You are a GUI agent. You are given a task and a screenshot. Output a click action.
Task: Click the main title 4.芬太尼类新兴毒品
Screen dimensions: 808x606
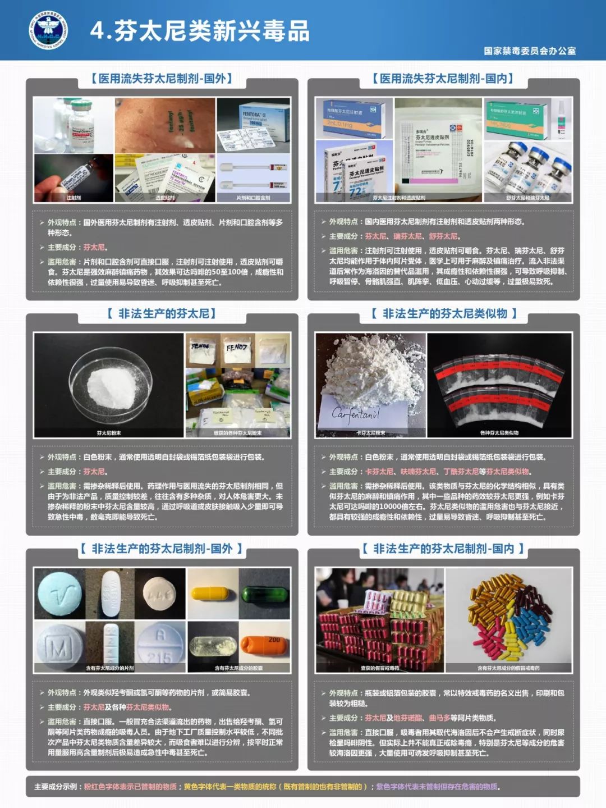coord(200,31)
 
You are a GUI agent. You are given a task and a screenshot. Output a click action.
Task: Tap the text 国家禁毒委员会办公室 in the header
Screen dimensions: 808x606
coord(530,51)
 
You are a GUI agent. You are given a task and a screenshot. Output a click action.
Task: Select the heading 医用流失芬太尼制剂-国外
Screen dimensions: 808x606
coord(162,79)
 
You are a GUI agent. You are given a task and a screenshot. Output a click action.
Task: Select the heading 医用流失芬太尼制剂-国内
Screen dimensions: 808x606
coord(443,79)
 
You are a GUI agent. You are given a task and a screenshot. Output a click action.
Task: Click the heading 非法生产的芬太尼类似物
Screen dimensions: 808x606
coord(443,314)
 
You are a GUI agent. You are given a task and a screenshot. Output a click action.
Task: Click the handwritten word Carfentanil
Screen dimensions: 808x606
coord(356,414)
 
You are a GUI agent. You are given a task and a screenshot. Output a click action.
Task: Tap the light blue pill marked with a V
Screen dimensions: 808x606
coord(59,594)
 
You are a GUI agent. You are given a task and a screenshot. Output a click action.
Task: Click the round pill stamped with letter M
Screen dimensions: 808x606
coord(58,647)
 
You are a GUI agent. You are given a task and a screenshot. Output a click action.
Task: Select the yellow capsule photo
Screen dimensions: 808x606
coord(213,594)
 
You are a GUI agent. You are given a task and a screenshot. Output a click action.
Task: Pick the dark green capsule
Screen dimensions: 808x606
coord(264,594)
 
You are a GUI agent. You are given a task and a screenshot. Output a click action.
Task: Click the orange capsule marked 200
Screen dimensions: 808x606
coord(264,646)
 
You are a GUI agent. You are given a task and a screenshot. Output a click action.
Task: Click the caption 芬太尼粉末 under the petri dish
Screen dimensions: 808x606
coord(109,433)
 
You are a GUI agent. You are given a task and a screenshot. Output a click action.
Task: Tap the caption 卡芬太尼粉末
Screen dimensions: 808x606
coord(371,433)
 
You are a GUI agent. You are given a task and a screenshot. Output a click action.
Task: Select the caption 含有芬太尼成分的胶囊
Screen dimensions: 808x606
coord(238,668)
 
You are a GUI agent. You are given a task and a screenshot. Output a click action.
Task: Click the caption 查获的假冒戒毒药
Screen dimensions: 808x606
coord(380,668)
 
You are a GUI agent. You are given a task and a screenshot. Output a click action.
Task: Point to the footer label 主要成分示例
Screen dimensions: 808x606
coord(56,787)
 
